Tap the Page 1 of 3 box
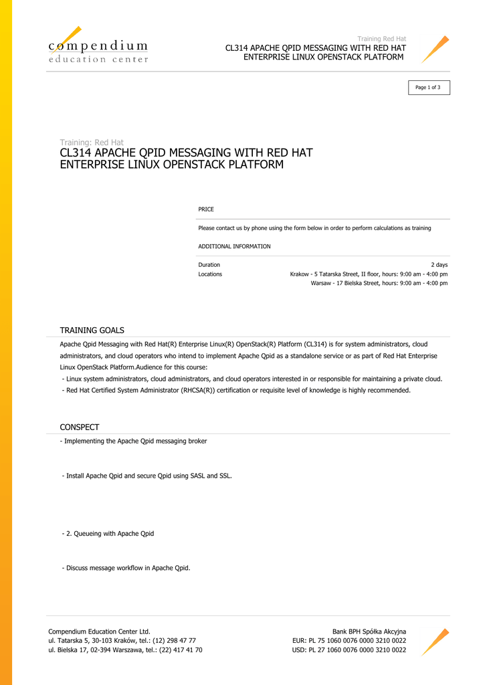(x=429, y=88)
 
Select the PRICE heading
(x=206, y=209)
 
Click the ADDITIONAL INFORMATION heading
(x=234, y=246)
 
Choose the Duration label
(x=209, y=265)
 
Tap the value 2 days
(x=439, y=265)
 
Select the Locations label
(x=210, y=274)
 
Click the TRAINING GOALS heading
(x=92, y=330)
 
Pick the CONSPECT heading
(x=80, y=427)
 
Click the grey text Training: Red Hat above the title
(x=92, y=142)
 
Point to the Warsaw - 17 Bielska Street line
(x=379, y=283)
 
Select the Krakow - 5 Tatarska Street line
(x=369, y=274)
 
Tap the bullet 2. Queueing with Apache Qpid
(x=108, y=533)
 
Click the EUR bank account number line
(x=349, y=640)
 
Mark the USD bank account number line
(x=349, y=650)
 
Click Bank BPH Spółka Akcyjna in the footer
(x=369, y=631)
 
